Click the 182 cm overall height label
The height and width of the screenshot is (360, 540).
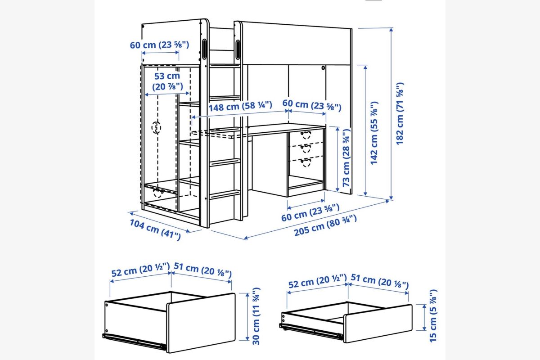pyautogui.click(x=400, y=114)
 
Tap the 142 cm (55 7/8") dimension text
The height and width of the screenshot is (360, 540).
pyautogui.click(x=374, y=133)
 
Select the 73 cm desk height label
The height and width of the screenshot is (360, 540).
pyautogui.click(x=346, y=158)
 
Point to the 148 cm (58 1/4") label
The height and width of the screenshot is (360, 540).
pyautogui.click(x=240, y=106)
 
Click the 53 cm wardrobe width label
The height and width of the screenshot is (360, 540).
pyautogui.click(x=167, y=81)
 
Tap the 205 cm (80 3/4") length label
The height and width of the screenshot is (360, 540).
pyautogui.click(x=325, y=225)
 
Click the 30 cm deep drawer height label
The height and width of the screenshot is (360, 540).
pyautogui.click(x=256, y=316)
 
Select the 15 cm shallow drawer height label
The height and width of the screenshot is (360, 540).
pyautogui.click(x=433, y=315)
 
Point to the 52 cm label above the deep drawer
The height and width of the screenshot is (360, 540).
pyautogui.click(x=140, y=270)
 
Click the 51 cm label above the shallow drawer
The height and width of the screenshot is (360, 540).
pyautogui.click(x=380, y=281)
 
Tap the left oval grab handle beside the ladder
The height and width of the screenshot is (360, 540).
pyautogui.click(x=204, y=49)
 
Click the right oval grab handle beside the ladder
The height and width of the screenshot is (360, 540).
pyautogui.click(x=238, y=49)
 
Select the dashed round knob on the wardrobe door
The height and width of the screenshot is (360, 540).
pyautogui.click(x=156, y=127)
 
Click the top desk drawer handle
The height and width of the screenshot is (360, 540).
pyautogui.click(x=306, y=135)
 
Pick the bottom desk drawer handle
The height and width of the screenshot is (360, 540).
pyautogui.click(x=306, y=162)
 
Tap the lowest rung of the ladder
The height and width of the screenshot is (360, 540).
pyautogui.click(x=225, y=194)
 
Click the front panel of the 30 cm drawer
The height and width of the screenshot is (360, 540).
pyautogui.click(x=201, y=323)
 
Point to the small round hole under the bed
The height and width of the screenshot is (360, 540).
pyautogui.click(x=323, y=68)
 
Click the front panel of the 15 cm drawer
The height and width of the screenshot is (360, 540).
pyautogui.click(x=378, y=324)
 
